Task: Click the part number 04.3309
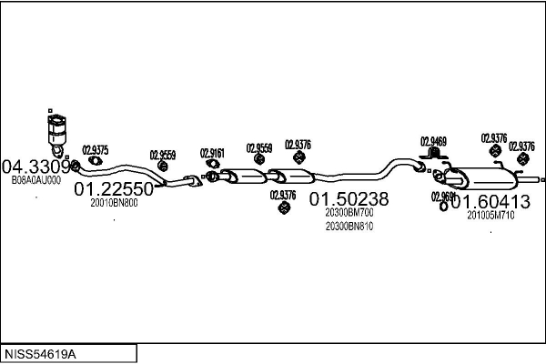(36, 167)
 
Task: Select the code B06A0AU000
(36, 180)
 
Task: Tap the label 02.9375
(96, 150)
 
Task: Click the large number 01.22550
(114, 189)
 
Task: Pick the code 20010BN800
(114, 203)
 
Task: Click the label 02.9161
(212, 153)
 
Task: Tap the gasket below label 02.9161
(212, 167)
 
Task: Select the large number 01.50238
(349, 198)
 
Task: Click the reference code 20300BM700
(349, 212)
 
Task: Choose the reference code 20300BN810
(349, 226)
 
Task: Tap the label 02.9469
(433, 141)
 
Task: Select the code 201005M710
(491, 215)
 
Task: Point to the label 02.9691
(443, 196)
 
